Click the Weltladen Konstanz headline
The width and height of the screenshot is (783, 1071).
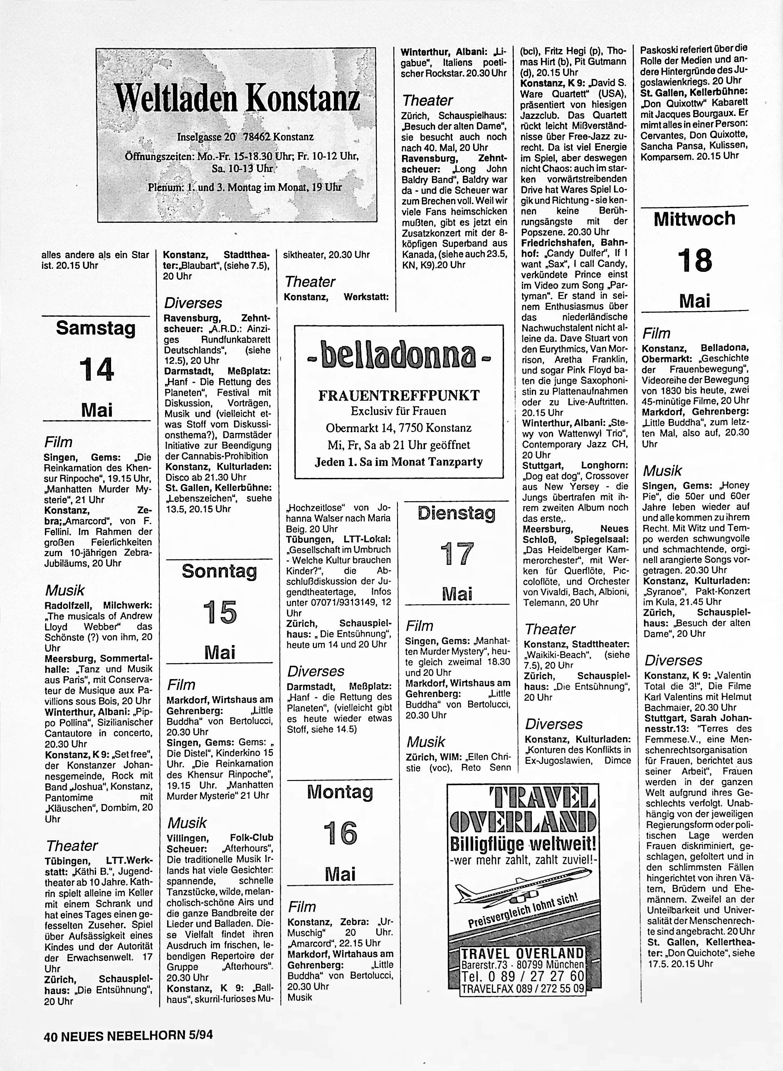pos(237,98)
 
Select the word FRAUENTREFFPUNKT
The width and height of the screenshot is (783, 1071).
pos(399,396)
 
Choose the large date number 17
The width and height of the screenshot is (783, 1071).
pos(457,554)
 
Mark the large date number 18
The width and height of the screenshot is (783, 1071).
pos(694,261)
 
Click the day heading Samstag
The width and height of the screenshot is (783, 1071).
pos(96,328)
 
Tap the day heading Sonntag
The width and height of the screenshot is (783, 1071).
pos(219,571)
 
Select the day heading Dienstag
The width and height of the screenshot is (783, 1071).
pos(457,514)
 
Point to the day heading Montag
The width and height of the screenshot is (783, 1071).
pos(340,792)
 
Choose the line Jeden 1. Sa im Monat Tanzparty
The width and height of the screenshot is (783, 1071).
pos(399,462)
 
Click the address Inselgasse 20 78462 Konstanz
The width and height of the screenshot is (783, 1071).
pos(245,137)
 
